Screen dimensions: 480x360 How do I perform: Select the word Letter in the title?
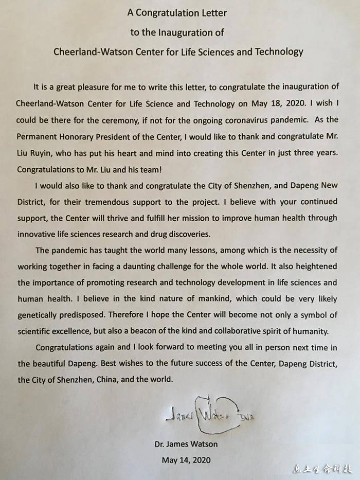point(212,12)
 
